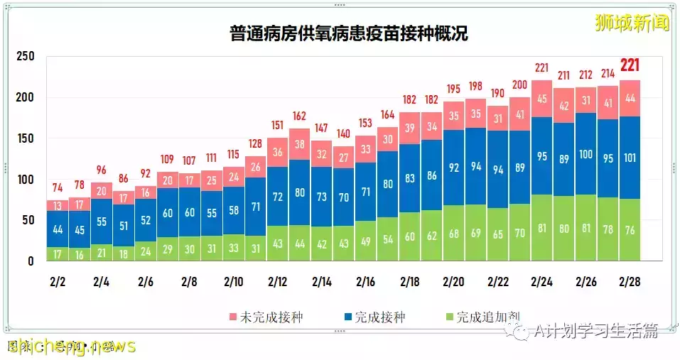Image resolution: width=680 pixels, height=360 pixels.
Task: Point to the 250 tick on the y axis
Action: click(x=26, y=57)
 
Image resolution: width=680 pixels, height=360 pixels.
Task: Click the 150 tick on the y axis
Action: click(x=26, y=138)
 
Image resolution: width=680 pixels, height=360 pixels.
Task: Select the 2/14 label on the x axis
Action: click(x=322, y=281)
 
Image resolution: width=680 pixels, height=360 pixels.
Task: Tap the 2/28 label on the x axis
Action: click(x=630, y=281)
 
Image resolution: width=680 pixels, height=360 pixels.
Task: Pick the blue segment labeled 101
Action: click(x=630, y=158)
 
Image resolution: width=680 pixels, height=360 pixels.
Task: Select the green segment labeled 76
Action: click(x=630, y=230)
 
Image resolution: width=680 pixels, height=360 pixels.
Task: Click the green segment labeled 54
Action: click(x=388, y=239)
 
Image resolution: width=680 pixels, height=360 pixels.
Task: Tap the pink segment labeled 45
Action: click(x=542, y=99)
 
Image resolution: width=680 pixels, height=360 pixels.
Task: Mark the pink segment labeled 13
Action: click(x=58, y=206)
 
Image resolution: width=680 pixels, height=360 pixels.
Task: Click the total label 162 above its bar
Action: click(x=300, y=116)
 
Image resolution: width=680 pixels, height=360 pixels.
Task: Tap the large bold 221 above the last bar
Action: click(x=630, y=66)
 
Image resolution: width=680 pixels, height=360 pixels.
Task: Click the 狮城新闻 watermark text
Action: click(x=632, y=23)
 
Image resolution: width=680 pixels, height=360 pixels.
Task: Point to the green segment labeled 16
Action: click(x=80, y=254)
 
